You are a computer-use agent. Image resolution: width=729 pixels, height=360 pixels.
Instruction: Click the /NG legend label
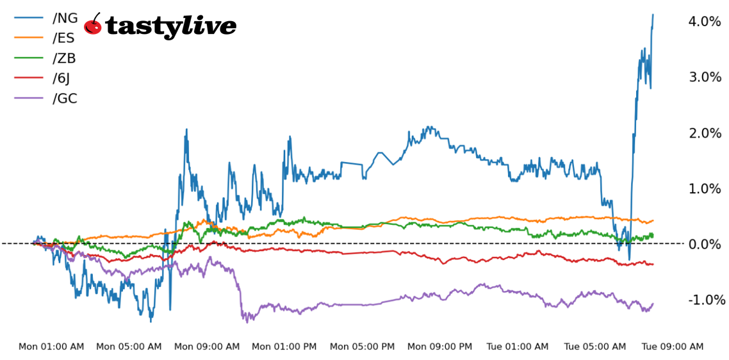point(65,18)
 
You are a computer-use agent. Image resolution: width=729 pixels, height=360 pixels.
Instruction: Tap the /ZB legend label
point(64,58)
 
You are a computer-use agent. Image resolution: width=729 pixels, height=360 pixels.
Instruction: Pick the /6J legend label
point(62,78)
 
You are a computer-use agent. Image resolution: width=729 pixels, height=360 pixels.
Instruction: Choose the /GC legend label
point(65,99)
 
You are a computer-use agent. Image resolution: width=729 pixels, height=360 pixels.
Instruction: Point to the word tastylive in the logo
point(171,26)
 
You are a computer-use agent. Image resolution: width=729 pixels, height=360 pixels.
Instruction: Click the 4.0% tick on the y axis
point(704,22)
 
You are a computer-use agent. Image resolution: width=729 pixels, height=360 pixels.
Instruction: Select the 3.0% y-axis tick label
point(704,78)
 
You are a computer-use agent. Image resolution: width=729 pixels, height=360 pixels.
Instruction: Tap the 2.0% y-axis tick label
point(704,133)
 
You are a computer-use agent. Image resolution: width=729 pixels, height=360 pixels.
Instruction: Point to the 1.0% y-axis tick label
point(704,189)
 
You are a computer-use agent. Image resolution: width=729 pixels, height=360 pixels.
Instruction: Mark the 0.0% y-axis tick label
point(704,244)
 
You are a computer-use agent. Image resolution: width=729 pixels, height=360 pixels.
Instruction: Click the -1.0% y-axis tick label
point(707,300)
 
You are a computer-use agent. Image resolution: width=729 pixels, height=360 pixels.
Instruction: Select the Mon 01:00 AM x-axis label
point(51,347)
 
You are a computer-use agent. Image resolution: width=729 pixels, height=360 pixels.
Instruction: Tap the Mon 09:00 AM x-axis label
point(207,347)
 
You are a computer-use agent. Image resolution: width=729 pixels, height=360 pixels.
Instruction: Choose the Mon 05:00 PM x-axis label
point(362,347)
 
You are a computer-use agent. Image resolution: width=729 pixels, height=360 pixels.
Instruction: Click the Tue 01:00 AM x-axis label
point(518,347)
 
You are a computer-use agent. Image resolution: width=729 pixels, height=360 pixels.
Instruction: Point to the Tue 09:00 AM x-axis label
point(673,347)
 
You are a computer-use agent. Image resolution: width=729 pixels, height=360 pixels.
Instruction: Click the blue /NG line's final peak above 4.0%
point(653,15)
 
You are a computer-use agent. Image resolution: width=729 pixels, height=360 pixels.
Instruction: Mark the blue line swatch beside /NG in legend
point(29,18)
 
